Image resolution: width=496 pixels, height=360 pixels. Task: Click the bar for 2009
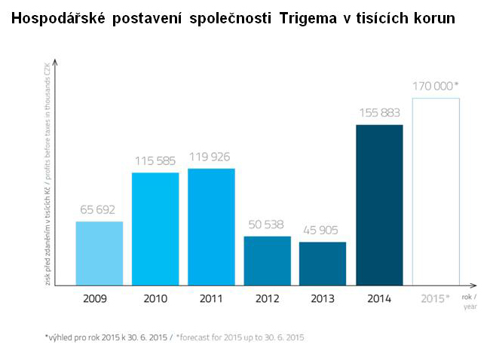tap(99, 253)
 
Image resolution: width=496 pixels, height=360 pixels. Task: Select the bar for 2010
tap(155, 229)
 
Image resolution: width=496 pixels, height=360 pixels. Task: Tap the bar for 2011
tap(211, 227)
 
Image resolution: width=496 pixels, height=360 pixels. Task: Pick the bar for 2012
tap(267, 261)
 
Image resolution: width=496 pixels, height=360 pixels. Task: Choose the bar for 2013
tap(323, 264)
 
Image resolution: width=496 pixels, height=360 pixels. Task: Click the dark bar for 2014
tap(379, 205)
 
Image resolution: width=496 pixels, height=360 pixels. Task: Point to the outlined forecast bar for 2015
tap(436, 192)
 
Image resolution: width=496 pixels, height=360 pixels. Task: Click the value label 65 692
tap(99, 210)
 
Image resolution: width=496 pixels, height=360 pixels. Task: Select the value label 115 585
tap(155, 161)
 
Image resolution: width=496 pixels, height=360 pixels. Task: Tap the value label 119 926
tap(211, 157)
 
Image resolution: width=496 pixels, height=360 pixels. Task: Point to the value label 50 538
tap(267, 224)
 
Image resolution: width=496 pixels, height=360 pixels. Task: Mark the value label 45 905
tap(323, 230)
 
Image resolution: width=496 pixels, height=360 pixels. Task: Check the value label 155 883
tap(379, 113)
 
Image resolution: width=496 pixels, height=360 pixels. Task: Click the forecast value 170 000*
tap(436, 86)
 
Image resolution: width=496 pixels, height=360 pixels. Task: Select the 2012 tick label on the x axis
tap(267, 299)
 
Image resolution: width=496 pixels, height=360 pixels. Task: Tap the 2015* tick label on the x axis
tap(436, 299)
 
